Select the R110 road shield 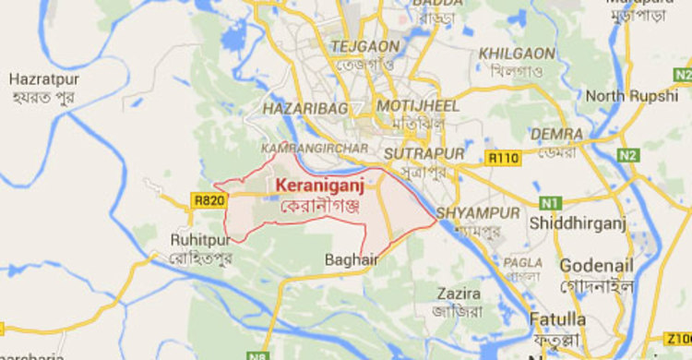click(504, 158)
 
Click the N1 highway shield click(551, 201)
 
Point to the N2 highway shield click(629, 155)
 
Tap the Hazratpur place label click(43, 79)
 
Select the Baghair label click(352, 260)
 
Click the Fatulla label click(557, 319)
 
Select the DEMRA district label click(556, 134)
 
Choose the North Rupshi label click(631, 96)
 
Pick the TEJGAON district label click(365, 46)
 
